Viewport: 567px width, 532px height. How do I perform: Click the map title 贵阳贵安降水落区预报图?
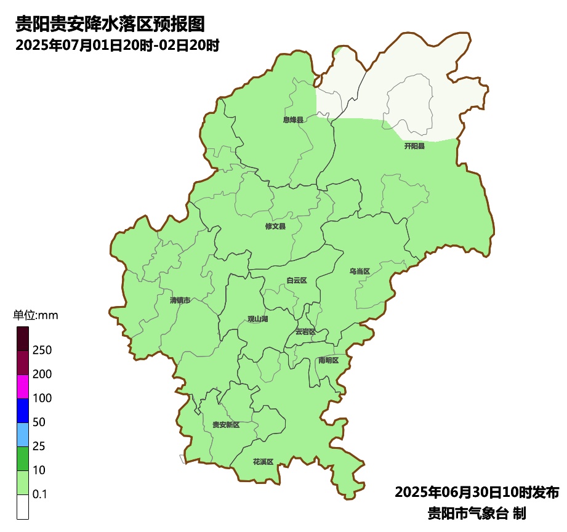pos(110,25)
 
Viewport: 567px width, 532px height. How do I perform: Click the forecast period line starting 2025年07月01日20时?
pos(118,46)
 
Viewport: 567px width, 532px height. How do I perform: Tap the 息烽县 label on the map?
pos(293,120)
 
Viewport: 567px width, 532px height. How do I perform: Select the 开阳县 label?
pos(414,147)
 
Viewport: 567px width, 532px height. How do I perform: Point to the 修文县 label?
pos(275,227)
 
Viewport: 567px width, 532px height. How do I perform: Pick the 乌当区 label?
pos(360,272)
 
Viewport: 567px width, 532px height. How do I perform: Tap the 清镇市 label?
pos(180,300)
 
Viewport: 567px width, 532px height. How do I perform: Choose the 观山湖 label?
pos(258,319)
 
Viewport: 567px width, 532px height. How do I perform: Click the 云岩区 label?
pos(305,331)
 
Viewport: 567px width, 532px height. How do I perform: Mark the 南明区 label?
pos(328,360)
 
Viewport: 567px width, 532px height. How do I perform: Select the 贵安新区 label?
pos(226,425)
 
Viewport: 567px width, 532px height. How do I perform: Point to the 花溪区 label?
pos(263,462)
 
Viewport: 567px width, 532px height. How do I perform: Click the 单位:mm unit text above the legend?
pos(35,316)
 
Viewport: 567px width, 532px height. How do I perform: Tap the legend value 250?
pos(43,350)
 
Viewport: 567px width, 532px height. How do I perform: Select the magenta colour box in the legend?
pos(23,386)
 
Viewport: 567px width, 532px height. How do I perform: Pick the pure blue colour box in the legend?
pos(23,410)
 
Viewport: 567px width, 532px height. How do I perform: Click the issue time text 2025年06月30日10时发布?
pos(477,493)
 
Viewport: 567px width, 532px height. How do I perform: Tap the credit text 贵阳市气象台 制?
pos(477,513)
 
